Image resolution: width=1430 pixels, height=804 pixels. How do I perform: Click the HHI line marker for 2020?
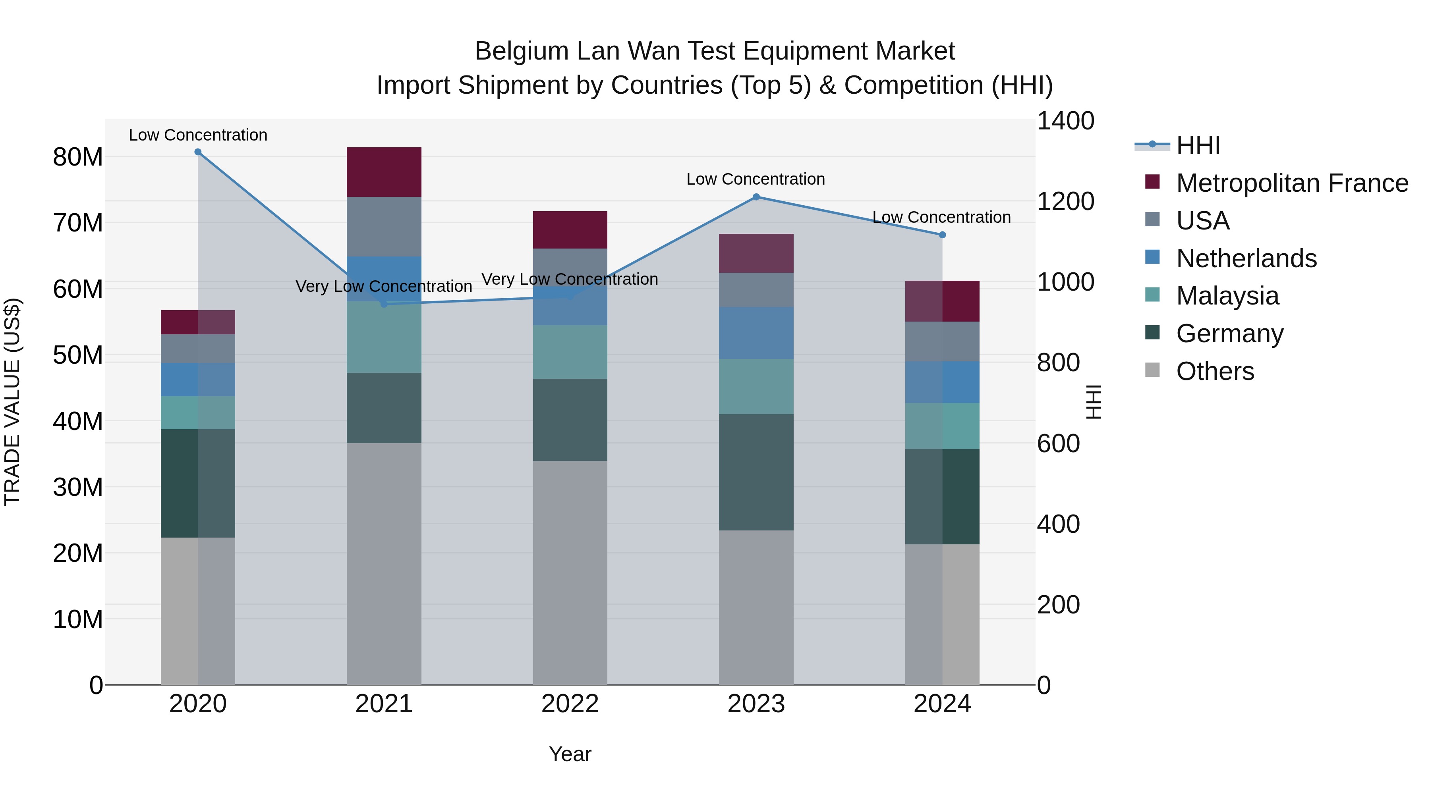pos(198,152)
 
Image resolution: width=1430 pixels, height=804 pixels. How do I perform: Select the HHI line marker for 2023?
pos(756,197)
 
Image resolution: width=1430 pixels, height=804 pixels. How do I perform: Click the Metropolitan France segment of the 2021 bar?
pos(384,172)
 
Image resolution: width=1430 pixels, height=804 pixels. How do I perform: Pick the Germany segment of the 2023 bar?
pos(756,472)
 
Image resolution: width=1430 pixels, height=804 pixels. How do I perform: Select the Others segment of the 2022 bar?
pos(570,572)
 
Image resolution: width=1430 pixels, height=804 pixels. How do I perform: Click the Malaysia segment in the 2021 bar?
pos(384,337)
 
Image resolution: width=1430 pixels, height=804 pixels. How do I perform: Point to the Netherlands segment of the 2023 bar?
pos(756,333)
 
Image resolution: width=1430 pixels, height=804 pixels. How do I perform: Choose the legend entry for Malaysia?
pos(1227,296)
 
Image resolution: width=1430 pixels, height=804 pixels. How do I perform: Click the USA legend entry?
pos(1202,221)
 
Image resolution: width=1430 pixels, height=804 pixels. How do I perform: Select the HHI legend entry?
pos(1198,145)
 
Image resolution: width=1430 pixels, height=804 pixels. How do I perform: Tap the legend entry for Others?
pos(1215,371)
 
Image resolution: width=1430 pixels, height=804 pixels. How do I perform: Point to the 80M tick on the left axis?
pos(78,157)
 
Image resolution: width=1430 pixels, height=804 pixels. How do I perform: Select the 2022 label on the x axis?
pos(570,704)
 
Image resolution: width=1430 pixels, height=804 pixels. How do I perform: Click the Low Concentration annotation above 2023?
pos(756,179)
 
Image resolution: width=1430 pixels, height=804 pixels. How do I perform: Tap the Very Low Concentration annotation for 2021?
pos(384,286)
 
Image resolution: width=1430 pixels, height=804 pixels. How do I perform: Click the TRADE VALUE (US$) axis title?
pos(12,402)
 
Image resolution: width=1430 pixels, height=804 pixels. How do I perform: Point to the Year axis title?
pos(570,754)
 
